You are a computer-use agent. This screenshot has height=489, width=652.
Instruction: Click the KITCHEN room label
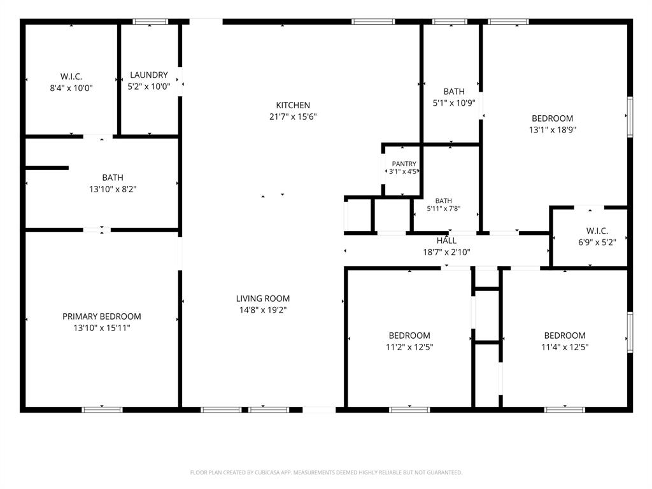293,105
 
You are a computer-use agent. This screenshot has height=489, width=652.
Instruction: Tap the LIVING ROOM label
263,299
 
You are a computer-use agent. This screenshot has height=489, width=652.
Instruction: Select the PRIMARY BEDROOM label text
101,316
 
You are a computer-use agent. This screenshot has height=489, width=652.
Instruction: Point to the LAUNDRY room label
149,75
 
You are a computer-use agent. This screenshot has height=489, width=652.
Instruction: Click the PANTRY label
404,164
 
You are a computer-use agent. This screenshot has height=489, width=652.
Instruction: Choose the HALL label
446,240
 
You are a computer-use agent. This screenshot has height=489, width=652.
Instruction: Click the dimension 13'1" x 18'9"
552,130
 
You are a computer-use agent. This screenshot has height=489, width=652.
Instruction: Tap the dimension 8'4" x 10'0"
71,88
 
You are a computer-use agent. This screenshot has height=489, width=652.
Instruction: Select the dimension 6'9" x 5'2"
597,242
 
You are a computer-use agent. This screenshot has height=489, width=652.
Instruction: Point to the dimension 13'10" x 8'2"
113,189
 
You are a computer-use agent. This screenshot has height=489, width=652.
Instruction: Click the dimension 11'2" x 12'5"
409,347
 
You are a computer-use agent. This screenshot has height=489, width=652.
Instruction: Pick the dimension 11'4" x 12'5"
565,347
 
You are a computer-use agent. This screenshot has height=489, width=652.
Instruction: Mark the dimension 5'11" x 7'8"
444,208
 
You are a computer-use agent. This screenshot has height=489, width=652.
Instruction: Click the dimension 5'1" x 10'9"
454,103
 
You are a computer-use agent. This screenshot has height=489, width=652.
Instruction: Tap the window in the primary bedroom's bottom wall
102,409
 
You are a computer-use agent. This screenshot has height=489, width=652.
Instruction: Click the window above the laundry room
150,22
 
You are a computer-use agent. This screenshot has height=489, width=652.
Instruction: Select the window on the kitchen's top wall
373,22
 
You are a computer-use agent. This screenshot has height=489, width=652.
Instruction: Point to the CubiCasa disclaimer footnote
326,472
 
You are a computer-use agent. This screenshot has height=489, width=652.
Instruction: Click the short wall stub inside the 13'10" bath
47,168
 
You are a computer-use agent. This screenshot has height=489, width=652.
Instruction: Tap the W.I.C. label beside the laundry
71,76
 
